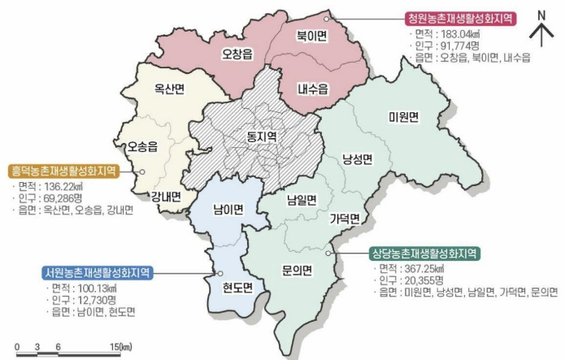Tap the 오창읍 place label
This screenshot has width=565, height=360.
pyautogui.click(x=237, y=56)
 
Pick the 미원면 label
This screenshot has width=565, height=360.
pyautogui.click(x=402, y=117)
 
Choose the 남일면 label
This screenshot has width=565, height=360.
pyautogui.click(x=302, y=198)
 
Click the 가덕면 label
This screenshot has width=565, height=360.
pyautogui.click(x=345, y=218)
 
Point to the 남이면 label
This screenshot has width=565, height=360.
pyautogui.click(x=228, y=210)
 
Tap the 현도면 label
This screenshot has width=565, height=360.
pyautogui.click(x=238, y=286)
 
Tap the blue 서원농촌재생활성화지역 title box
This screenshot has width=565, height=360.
pyautogui.click(x=98, y=272)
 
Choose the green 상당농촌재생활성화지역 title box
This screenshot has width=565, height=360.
pyautogui.click(x=423, y=252)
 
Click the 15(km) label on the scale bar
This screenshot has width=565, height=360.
pyautogui.click(x=120, y=347)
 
